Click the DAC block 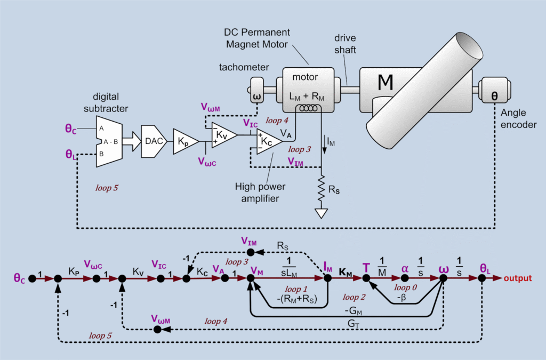coord(154,141)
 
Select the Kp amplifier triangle coord(184,141)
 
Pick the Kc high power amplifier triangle coord(268,141)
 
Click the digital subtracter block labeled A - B coord(109,141)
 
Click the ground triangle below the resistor coord(321,213)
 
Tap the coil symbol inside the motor coord(309,108)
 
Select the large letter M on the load coord(386,83)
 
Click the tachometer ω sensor coord(257,90)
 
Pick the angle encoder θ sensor coord(494,90)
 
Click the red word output coord(518,278)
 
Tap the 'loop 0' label coord(405,287)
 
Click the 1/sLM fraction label coord(289,267)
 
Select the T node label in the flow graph coord(366,268)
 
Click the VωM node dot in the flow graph coord(157,330)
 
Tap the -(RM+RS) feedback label coord(296,299)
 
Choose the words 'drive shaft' coord(345,44)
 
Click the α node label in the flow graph coord(405,268)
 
